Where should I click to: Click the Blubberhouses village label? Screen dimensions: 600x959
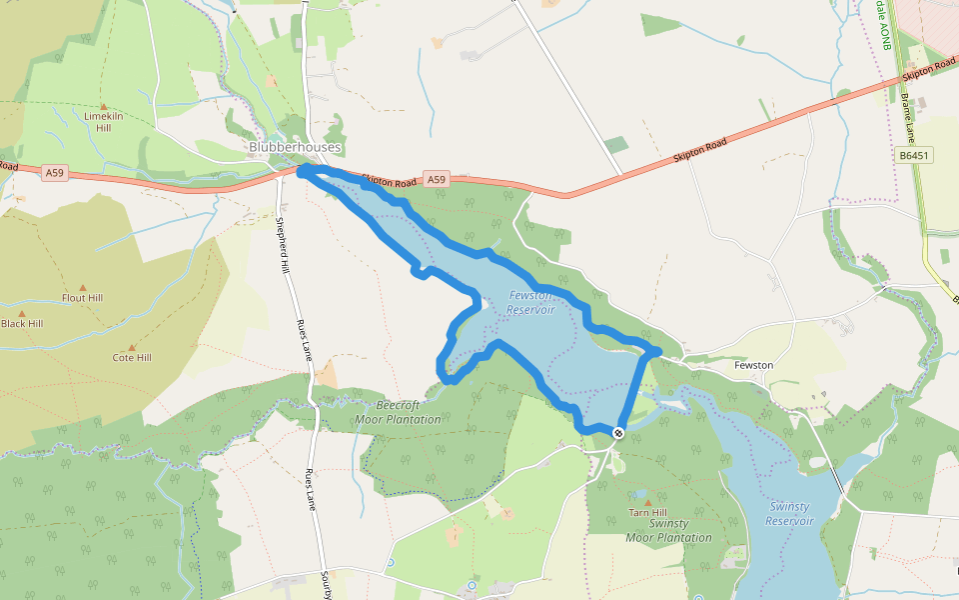[295, 148]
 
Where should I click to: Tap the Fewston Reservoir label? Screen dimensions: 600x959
[529, 302]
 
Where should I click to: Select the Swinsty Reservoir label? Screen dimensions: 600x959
[789, 514]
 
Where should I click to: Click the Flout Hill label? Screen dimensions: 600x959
[82, 298]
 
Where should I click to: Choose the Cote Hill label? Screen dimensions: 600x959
[132, 357]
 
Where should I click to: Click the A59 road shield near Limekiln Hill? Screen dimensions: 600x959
[55, 173]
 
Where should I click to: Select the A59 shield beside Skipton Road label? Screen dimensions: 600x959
[435, 180]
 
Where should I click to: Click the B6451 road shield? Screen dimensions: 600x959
[914, 155]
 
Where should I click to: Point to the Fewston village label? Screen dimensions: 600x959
[753, 365]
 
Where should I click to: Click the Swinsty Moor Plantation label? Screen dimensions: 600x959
[668, 531]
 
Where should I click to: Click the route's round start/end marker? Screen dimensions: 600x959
[618, 433]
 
